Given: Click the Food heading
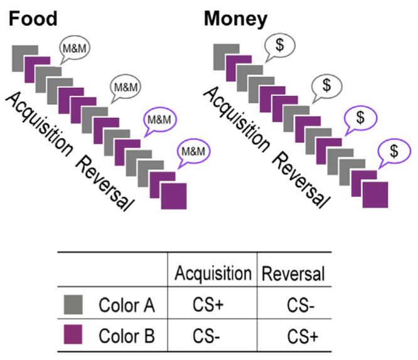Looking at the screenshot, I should point(32,19).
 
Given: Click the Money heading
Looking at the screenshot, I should point(235,19).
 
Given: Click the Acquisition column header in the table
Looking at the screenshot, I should point(213,273).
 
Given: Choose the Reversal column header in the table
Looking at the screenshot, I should point(292,273).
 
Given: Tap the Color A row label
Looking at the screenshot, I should point(126,306).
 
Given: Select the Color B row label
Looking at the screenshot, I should point(126,337).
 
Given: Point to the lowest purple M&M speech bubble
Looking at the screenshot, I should point(194,151).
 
